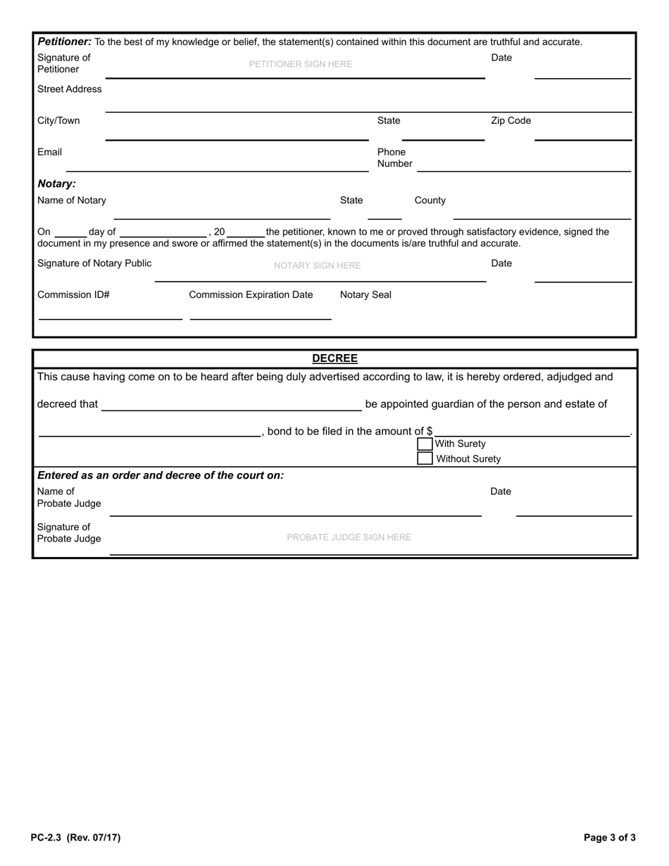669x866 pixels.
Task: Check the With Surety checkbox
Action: [425, 444]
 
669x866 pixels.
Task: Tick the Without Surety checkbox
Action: [425, 459]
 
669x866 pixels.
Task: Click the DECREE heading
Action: [334, 358]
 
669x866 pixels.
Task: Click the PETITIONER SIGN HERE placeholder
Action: [301, 64]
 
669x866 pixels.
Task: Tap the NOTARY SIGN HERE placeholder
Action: [317, 265]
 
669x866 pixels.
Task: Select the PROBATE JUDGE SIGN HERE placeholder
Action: [349, 537]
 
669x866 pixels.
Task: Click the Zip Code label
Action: [511, 120]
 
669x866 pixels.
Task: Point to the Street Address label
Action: [69, 89]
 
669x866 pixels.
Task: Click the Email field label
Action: [49, 151]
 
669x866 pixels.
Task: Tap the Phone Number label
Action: [394, 158]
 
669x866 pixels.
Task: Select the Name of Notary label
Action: [72, 200]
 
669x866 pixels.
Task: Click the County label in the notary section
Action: [430, 200]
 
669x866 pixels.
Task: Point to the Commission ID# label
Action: [73, 294]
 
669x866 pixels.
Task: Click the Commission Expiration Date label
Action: [251, 294]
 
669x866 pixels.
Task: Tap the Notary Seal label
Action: [365, 294]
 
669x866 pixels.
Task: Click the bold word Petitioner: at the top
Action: [64, 42]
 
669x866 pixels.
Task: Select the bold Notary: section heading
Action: [56, 183]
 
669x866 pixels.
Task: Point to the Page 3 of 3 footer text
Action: [610, 838]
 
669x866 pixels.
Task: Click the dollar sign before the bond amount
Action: [430, 431]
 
